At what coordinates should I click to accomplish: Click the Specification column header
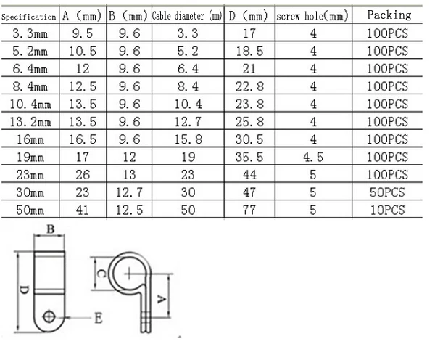[29, 16]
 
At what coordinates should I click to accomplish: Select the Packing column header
[389, 15]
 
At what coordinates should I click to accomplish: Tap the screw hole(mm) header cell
[313, 15]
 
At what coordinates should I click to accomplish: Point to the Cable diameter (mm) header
[186, 15]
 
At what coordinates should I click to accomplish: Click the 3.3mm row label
[30, 33]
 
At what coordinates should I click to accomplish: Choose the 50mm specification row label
[30, 210]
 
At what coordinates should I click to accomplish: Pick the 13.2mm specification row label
[30, 121]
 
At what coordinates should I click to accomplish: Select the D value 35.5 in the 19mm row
[249, 157]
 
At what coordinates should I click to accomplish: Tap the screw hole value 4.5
[313, 157]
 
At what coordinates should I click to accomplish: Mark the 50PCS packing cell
[388, 192]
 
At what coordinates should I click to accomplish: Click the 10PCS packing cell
[388, 210]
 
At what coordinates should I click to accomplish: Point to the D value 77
[249, 210]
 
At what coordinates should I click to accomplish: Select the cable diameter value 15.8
[186, 139]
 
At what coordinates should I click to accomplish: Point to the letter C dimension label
[101, 274]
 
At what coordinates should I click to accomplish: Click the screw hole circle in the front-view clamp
[49, 316]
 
